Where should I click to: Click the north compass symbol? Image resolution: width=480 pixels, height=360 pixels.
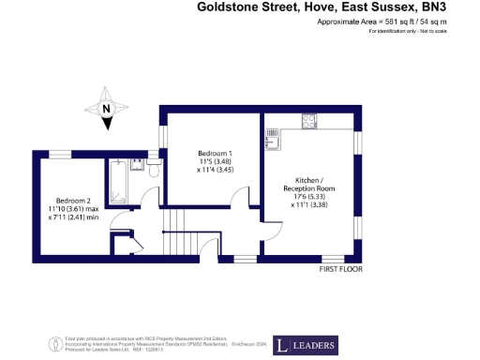coord(107,108)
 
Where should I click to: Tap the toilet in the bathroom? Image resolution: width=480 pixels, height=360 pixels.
coord(154,168)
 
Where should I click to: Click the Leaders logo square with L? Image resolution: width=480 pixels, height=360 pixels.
coord(282,344)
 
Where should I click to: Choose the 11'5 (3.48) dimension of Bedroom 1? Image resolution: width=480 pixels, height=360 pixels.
coord(215,161)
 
